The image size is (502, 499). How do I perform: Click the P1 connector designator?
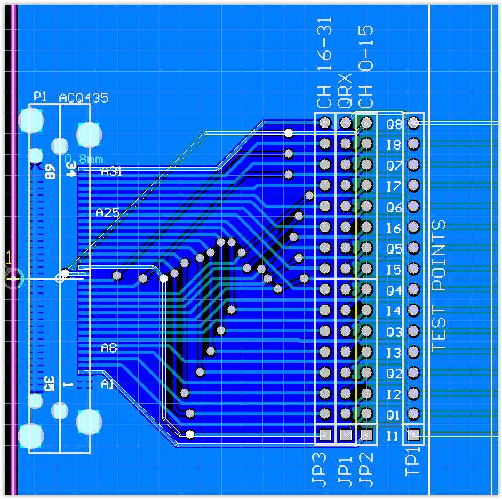40,97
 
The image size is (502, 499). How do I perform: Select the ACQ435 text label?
83,98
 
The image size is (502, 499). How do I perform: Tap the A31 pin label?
111,171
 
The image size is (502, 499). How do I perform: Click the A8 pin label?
108,348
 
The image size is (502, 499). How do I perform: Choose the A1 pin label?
107,384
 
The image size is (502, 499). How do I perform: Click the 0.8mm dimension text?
84,159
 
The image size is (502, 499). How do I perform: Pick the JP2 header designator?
366,470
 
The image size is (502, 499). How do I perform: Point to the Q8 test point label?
394,124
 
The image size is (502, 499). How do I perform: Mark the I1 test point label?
393,436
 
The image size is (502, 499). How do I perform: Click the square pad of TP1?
413,435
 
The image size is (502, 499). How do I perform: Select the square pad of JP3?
325,435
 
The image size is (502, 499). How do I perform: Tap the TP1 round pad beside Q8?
413,123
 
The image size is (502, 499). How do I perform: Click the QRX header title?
346,91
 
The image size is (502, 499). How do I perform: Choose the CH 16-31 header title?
325,63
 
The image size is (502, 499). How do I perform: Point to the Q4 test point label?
394,290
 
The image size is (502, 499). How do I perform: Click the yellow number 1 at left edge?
8,258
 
